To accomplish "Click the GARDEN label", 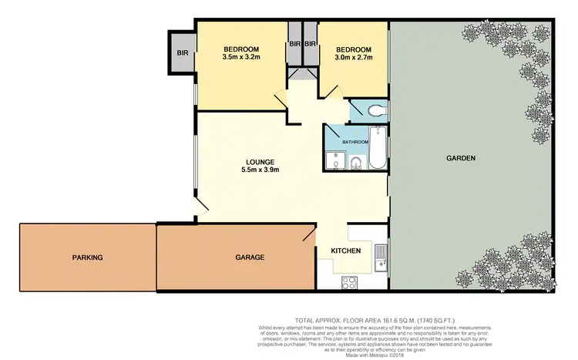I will [461, 158].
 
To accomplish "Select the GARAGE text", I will [250, 257].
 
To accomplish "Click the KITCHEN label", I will [347, 251].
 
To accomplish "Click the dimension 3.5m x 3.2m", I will [243, 58].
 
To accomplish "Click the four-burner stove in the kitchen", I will [348, 281].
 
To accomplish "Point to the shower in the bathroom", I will [334, 160].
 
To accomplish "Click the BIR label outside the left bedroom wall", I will [183, 53].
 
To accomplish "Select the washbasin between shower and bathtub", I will [356, 163].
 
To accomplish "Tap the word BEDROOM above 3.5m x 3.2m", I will [243, 49].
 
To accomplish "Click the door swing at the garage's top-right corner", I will [308, 232].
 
